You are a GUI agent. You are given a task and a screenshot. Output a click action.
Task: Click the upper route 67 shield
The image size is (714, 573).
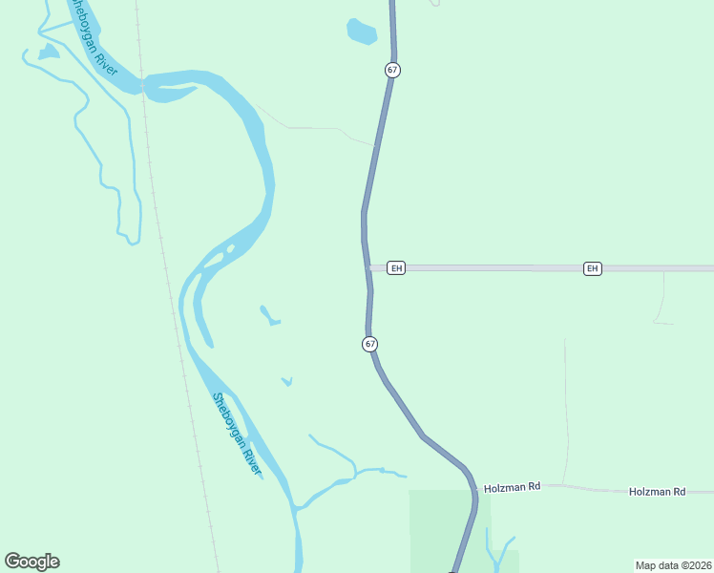click(x=392, y=70)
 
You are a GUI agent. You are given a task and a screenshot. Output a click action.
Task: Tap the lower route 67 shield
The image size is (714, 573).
click(x=370, y=344)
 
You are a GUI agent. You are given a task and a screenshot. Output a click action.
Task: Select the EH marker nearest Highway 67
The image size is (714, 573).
click(x=397, y=268)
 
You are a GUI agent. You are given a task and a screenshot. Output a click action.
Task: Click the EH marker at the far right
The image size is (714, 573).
click(x=593, y=268)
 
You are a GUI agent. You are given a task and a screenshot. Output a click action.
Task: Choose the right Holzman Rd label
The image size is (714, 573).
click(x=657, y=491)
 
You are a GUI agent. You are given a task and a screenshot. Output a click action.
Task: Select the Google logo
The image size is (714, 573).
click(x=31, y=562)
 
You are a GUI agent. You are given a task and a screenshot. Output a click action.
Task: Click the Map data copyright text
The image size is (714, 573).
click(x=673, y=564)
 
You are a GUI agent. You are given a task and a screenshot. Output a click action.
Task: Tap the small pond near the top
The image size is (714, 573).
click(x=361, y=32)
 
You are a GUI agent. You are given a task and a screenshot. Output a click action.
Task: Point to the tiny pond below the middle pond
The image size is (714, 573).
click(x=286, y=382)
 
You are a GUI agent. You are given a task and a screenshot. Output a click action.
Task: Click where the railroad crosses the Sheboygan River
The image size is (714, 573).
click(x=142, y=84)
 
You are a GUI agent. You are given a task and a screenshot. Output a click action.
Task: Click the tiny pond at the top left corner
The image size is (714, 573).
click(x=48, y=52)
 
